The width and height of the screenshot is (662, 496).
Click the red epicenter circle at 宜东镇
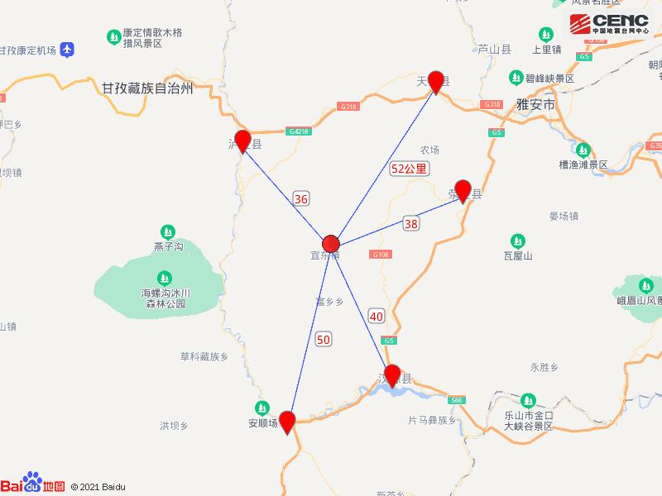(331, 243)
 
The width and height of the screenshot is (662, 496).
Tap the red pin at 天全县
(436, 81)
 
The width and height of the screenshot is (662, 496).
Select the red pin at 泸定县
(242, 141)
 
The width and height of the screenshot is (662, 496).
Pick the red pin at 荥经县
(463, 190)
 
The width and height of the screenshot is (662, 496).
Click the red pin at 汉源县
(391, 374)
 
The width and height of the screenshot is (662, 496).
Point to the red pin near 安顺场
(287, 421)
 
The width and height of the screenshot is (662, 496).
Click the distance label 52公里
(410, 169)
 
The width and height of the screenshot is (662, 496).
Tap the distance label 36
(301, 198)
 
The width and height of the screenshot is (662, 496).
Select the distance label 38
(410, 222)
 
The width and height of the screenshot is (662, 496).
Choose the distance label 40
(377, 316)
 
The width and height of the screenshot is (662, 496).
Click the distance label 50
(324, 338)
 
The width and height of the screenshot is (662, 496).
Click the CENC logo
(609, 23)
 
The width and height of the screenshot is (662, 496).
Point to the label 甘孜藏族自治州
(146, 88)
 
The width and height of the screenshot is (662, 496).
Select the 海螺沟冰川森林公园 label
(165, 298)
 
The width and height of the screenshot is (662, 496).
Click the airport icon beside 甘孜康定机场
(67, 50)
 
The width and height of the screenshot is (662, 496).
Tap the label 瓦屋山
(518, 256)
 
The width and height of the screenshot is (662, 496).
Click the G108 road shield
(381, 255)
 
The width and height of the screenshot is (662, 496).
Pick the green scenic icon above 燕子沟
(168, 231)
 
